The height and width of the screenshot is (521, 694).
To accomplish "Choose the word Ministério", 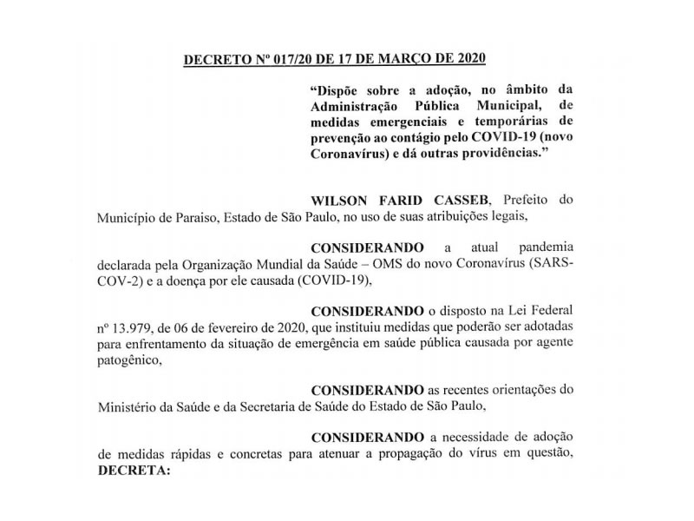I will click(128, 406).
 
